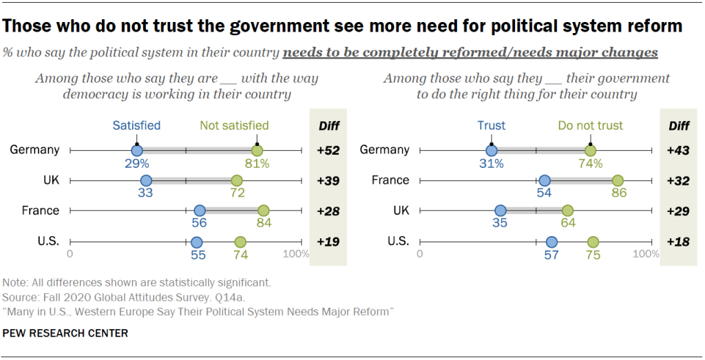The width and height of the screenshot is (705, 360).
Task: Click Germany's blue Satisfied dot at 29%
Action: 136,150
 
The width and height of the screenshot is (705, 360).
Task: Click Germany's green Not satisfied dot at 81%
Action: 257,150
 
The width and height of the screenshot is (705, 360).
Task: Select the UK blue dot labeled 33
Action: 145,180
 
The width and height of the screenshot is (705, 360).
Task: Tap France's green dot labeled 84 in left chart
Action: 264,211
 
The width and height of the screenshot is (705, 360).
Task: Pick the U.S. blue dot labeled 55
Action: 196,242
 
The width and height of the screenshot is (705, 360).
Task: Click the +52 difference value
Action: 328,150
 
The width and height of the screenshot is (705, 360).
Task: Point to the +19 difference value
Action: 328,242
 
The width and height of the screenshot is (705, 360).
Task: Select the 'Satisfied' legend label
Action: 136,125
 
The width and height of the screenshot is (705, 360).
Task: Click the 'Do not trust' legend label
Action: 590,125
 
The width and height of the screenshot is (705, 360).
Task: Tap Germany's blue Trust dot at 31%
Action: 491,150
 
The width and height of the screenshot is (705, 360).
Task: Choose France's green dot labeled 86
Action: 618,180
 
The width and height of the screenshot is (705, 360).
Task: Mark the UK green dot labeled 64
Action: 567,211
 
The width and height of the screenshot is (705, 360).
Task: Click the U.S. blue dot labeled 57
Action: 551,242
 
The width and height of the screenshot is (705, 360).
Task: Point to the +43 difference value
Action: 678,150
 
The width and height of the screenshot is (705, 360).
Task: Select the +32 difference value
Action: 678,180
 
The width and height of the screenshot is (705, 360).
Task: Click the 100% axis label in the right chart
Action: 645,254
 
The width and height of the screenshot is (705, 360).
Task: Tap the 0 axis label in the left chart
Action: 70,254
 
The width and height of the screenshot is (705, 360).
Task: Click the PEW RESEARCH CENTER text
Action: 65,333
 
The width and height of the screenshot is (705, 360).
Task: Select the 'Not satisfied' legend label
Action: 234,125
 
